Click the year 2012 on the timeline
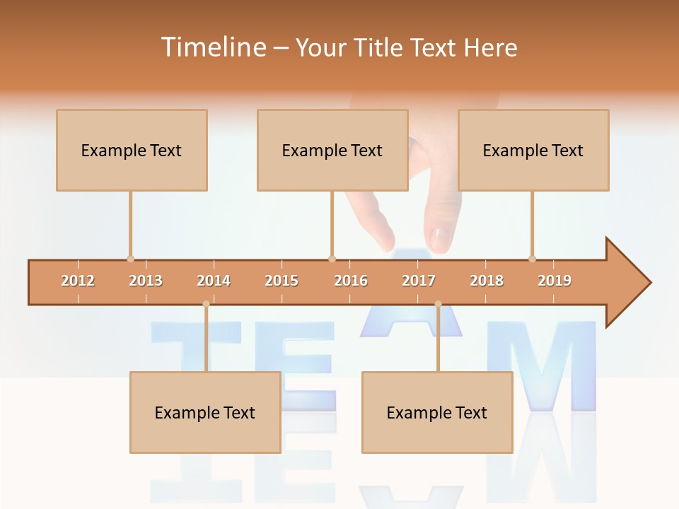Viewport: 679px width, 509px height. [78, 281]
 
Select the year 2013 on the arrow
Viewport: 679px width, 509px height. [146, 281]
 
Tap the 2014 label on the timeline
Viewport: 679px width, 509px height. [214, 281]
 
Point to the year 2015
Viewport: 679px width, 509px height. [282, 281]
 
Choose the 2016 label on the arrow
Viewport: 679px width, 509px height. [351, 281]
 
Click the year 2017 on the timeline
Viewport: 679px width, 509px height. [419, 281]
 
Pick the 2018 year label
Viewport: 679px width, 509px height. [487, 281]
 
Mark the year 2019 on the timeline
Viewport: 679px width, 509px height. [555, 281]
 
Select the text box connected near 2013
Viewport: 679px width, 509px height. [132, 150]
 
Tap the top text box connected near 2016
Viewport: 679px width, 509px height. [332, 150]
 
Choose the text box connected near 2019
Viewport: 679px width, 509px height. [533, 150]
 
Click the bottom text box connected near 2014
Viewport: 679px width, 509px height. [205, 412]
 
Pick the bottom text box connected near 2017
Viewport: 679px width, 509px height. [437, 412]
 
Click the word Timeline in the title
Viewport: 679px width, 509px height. [212, 47]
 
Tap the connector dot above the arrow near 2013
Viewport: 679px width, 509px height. [130, 259]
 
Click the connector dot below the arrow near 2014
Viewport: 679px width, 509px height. [206, 304]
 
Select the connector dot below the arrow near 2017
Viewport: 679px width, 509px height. [438, 304]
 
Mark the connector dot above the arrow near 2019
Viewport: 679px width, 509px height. [532, 259]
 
